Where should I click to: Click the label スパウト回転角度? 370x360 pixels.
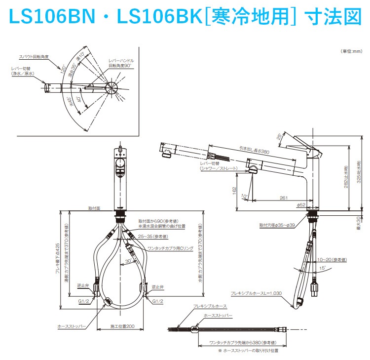click(x=34, y=57)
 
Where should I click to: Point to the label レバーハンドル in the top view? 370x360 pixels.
click(x=121, y=60)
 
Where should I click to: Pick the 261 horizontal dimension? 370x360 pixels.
click(x=283, y=198)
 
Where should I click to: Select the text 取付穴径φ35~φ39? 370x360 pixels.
click(x=278, y=225)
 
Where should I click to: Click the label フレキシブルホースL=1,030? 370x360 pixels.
click(x=256, y=293)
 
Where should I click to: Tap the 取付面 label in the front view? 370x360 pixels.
click(x=94, y=208)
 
